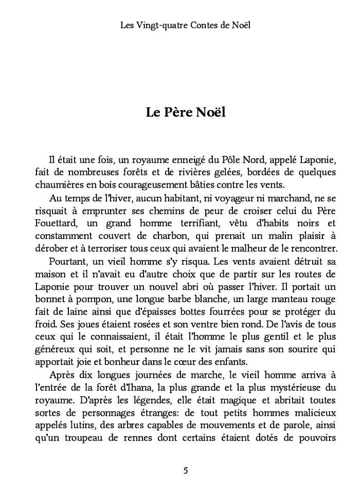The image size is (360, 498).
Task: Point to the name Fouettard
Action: click(57, 224)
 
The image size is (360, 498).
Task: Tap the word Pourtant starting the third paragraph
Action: click(69, 261)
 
